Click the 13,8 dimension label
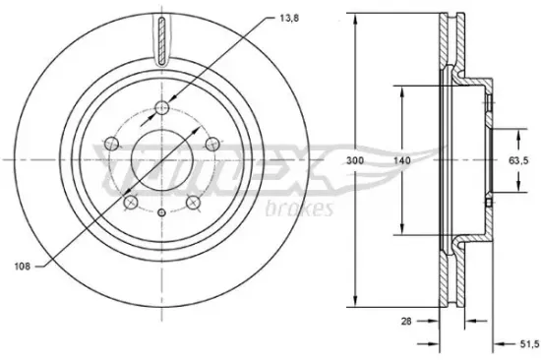[x=289, y=19]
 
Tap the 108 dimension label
[x=23, y=267]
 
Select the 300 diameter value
[x=355, y=160]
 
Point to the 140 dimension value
[x=402, y=160]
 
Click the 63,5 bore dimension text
[x=518, y=160]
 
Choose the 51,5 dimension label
[x=529, y=344]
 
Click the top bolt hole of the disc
[x=162, y=107]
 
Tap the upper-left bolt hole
[x=111, y=144]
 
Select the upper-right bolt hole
[x=212, y=144]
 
